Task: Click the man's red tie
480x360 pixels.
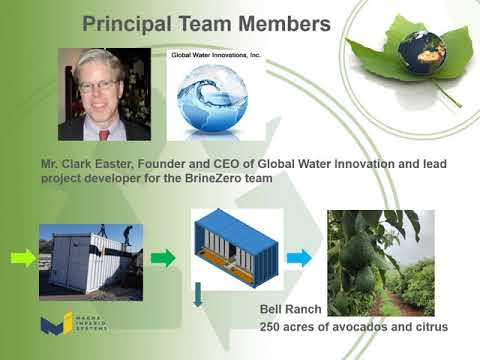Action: (x=103, y=130)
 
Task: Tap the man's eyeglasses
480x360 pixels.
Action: (x=99, y=85)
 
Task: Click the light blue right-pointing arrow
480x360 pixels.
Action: (x=298, y=258)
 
